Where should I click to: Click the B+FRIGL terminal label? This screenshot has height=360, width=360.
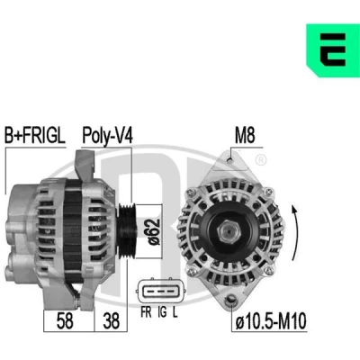point(35,136)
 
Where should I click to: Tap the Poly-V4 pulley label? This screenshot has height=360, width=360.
point(107,136)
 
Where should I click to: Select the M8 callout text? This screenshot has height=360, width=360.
point(245,136)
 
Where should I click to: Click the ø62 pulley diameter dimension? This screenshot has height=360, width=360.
point(153,232)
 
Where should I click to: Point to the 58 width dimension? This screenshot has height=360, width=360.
point(65,320)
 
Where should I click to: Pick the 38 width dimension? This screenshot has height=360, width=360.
point(111,320)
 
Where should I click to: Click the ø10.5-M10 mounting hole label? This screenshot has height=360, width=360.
point(271,321)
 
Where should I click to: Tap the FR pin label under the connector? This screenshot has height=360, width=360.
point(146,312)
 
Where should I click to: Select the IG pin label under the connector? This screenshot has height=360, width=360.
point(162,312)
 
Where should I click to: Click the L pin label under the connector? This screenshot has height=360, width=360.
point(175,312)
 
